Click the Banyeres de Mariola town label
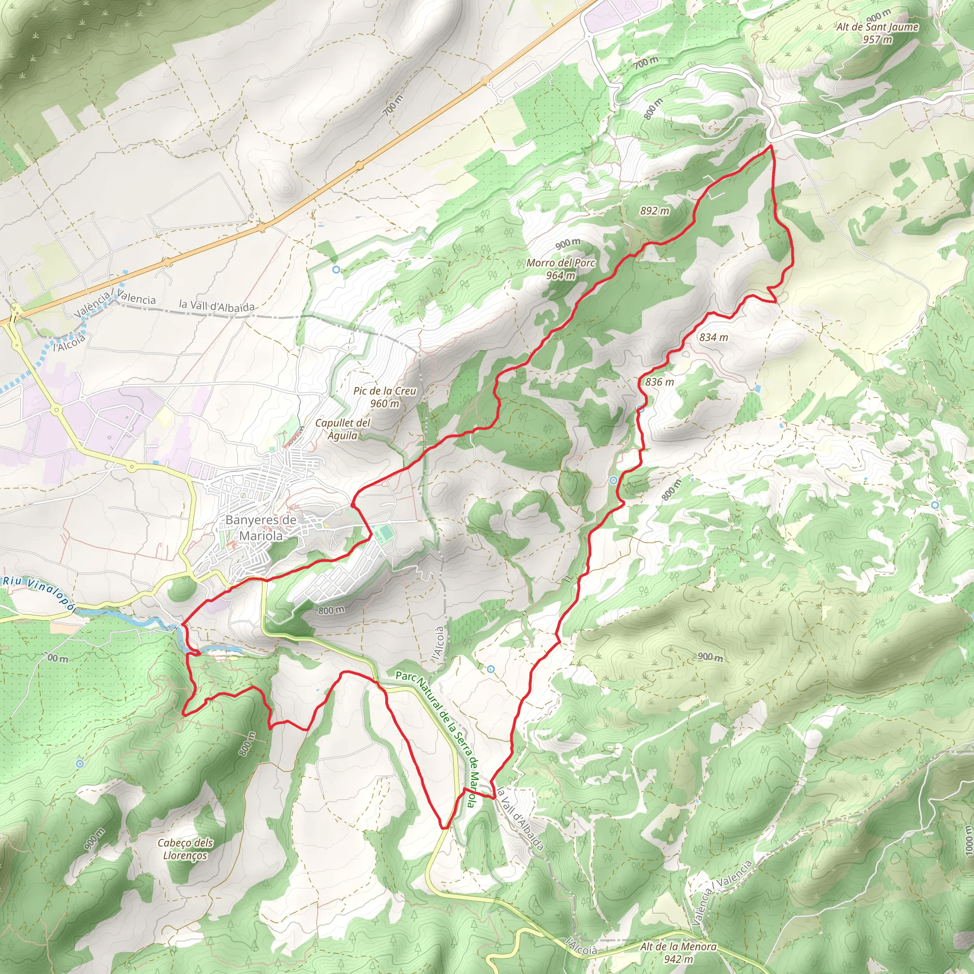261,527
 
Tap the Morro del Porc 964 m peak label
561,269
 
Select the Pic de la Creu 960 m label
385,397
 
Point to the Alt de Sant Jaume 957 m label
877,33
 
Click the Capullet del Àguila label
343,429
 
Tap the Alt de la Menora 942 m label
678,952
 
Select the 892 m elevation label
654,211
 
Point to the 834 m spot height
713,337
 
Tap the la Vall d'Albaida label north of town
217,305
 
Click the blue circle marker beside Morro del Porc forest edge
336,270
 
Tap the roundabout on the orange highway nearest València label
167,262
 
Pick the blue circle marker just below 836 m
640,409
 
